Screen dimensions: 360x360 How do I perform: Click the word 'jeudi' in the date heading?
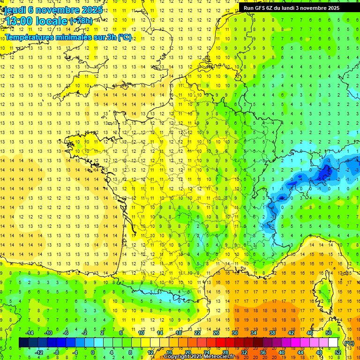(x=14, y=10)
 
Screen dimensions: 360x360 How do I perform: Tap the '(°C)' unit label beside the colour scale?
(x=349, y=343)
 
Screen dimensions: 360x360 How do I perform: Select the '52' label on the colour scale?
(x=337, y=352)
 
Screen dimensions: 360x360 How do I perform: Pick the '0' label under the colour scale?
(x=93, y=352)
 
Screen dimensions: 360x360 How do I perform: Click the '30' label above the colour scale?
(x=234, y=333)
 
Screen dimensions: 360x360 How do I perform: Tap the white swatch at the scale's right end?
(x=333, y=343)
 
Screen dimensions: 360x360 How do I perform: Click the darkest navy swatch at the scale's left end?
(x=24, y=343)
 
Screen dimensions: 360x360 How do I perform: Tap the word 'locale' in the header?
(x=52, y=22)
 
